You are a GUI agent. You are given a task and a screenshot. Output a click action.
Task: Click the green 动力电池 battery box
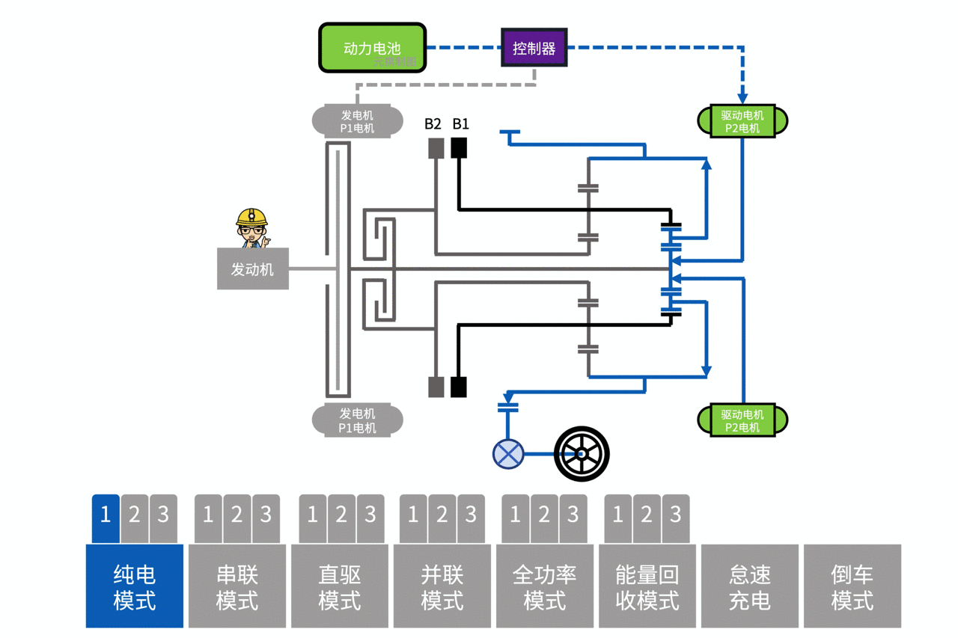pyautogui.click(x=373, y=48)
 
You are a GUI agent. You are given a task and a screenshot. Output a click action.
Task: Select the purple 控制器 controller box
pyautogui.click(x=534, y=48)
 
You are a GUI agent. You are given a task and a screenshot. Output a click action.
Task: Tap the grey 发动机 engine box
pyautogui.click(x=252, y=269)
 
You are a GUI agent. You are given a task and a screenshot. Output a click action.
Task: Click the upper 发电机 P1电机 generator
pyautogui.click(x=357, y=121)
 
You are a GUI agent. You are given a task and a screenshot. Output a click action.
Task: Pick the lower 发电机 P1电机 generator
pyautogui.click(x=357, y=420)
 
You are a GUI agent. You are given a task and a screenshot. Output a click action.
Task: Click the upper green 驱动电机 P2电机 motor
pyautogui.click(x=742, y=121)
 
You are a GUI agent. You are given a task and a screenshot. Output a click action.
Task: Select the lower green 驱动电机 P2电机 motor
pyautogui.click(x=742, y=420)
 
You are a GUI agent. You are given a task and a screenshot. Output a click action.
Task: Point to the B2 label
pyautogui.click(x=433, y=123)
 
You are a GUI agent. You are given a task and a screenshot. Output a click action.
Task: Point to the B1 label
pyautogui.click(x=460, y=123)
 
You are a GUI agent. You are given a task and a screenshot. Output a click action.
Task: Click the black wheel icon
pyautogui.click(x=582, y=454)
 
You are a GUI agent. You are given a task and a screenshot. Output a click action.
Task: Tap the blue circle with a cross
pyautogui.click(x=508, y=454)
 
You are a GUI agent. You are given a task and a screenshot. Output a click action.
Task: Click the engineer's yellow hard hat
pyautogui.click(x=251, y=217)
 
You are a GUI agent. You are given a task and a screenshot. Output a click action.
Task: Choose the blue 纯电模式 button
pyautogui.click(x=135, y=586)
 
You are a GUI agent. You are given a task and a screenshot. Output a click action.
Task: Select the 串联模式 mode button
pyautogui.click(x=237, y=586)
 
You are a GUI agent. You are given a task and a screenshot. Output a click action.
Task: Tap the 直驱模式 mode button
pyautogui.click(x=340, y=586)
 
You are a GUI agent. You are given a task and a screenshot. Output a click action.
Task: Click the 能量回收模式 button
pyautogui.click(x=647, y=586)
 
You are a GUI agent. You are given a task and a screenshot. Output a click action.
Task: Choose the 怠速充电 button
pyautogui.click(x=750, y=586)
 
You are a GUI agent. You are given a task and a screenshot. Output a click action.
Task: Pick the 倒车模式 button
pyautogui.click(x=852, y=586)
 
